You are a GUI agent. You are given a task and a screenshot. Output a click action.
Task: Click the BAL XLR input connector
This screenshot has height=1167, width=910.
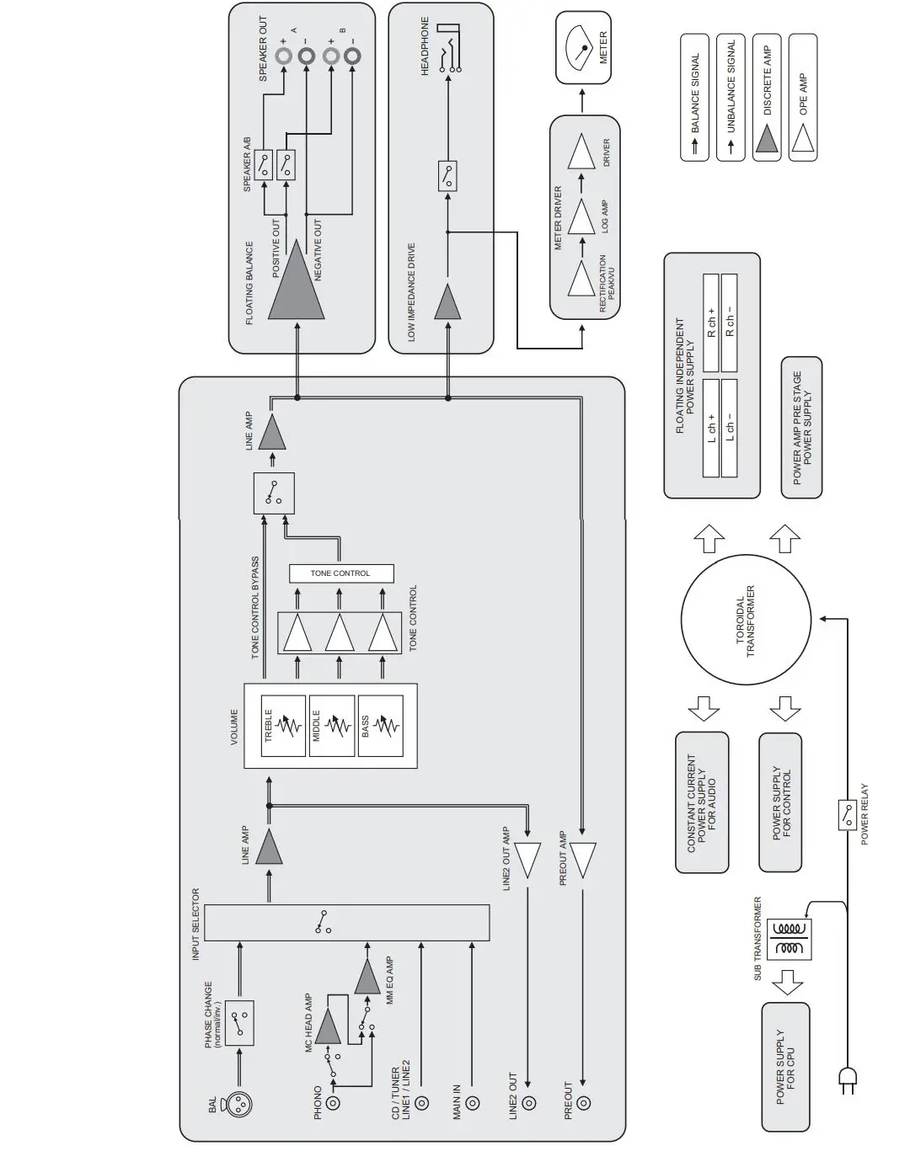(x=239, y=1104)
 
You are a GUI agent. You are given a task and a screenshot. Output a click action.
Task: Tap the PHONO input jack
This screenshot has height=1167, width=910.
(x=335, y=1102)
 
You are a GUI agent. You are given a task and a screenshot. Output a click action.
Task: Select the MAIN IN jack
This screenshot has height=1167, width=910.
(x=474, y=1102)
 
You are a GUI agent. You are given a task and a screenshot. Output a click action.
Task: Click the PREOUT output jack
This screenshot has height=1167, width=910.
(x=583, y=1102)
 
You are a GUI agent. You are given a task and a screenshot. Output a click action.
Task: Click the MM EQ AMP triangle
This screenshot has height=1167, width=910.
(x=367, y=978)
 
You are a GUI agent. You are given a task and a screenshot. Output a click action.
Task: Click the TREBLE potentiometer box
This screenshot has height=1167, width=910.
(x=283, y=726)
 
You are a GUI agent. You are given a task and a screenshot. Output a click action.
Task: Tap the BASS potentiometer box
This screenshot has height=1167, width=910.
(x=379, y=726)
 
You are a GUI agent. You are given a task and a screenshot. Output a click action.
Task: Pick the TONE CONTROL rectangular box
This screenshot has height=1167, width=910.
(x=340, y=573)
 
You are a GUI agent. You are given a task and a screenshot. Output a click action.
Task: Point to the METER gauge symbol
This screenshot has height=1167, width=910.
(x=583, y=50)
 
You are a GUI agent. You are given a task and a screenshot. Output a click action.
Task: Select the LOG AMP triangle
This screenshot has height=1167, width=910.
(x=581, y=216)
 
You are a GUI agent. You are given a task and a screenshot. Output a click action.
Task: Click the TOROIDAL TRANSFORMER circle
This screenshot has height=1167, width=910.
(x=746, y=621)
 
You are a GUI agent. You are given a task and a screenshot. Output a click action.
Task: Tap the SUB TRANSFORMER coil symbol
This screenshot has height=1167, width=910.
(x=791, y=938)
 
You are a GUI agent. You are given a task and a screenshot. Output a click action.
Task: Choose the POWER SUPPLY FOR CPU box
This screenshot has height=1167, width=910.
(x=785, y=1067)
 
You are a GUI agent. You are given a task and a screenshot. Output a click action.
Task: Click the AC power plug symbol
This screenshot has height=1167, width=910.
(x=847, y=1081)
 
